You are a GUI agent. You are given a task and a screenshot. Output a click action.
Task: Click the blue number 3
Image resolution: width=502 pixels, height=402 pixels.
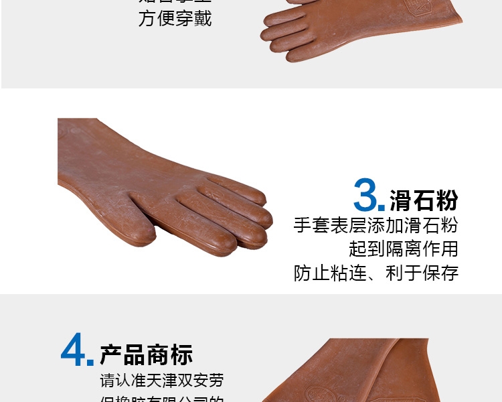point(368,195)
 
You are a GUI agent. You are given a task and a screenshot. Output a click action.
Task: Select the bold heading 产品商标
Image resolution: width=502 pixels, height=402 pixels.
point(147,354)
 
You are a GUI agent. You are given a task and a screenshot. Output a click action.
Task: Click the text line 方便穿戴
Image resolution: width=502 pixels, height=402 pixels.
point(175,18)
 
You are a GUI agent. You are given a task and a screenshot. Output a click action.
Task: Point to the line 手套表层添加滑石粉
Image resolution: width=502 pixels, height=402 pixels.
point(376,225)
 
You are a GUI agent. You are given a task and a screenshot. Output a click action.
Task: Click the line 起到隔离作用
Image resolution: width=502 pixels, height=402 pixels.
point(403,249)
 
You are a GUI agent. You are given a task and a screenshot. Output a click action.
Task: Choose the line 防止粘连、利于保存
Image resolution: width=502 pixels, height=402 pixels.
point(376,273)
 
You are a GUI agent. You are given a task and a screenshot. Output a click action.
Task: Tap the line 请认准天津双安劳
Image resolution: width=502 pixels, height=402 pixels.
point(162,381)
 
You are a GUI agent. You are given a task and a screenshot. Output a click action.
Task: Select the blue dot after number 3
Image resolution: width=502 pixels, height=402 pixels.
point(382,208)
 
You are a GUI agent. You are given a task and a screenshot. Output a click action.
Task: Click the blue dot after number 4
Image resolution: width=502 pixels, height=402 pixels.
point(90,362)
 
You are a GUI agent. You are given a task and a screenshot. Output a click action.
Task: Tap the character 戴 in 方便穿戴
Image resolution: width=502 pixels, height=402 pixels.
point(202,18)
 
